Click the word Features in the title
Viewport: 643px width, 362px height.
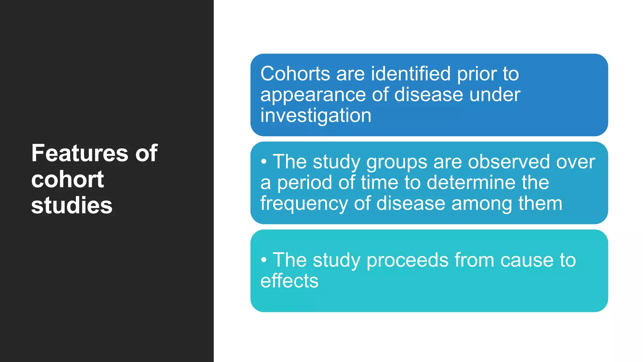(80, 153)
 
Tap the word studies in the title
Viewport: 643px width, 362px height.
(72, 206)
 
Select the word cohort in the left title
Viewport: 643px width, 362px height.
(68, 179)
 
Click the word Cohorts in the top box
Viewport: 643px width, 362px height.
(295, 74)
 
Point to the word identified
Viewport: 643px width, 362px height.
(411, 74)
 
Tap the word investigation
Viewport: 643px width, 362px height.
(316, 116)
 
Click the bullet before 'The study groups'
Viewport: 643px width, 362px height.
(264, 162)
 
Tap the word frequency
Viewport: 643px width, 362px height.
(304, 204)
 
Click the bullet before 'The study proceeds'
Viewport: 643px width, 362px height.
(264, 260)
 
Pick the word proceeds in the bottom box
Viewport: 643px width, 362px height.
(408, 260)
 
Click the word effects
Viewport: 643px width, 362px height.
(289, 281)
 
